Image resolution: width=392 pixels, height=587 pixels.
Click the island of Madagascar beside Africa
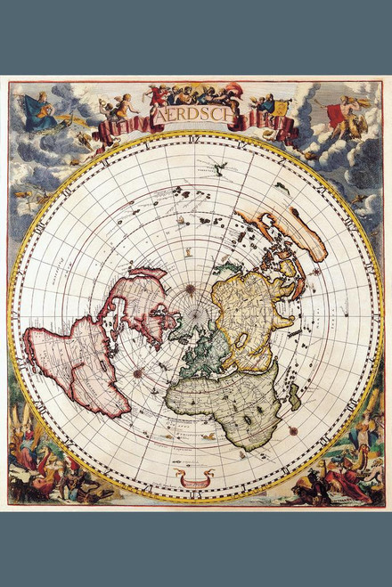click(295, 396)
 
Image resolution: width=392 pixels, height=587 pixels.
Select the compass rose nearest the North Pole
click(191, 289)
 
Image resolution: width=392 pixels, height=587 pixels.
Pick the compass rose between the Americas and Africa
click(138, 373)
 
